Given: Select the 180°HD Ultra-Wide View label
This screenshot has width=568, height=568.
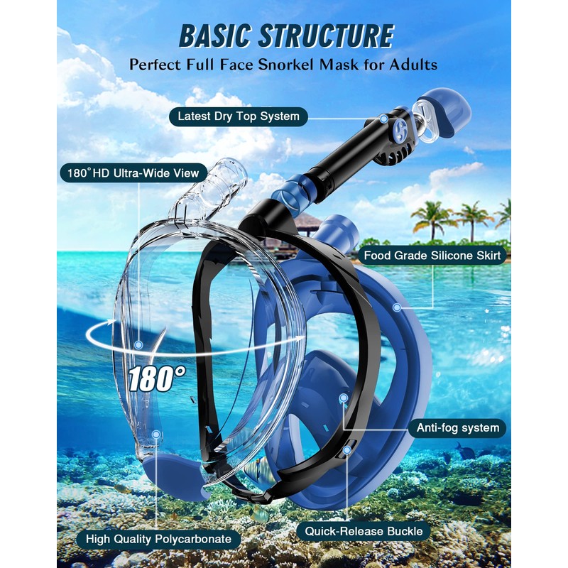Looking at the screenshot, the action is click(x=133, y=172).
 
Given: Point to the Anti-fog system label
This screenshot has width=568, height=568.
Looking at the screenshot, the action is click(x=457, y=427).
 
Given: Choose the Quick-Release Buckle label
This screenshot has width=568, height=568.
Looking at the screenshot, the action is click(x=364, y=530).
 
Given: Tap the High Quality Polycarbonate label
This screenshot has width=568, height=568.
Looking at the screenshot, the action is click(x=158, y=538).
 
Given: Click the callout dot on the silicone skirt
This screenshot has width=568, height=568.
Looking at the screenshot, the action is click(x=397, y=307).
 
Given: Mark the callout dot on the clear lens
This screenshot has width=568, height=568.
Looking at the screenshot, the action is click(x=139, y=345).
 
